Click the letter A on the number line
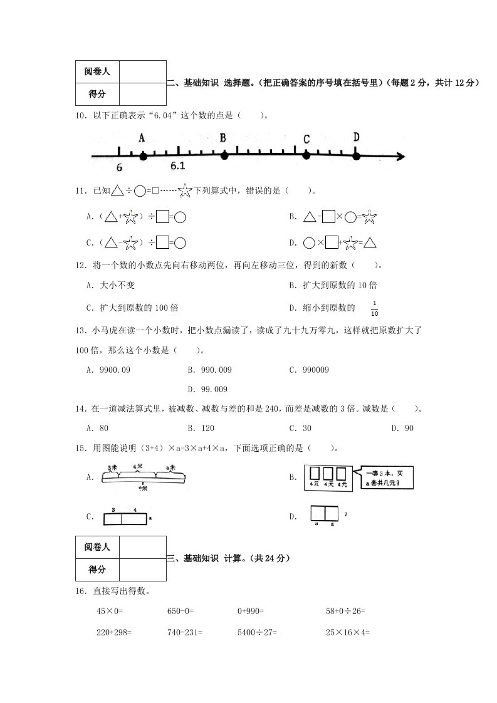[x=142, y=138]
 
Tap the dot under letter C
[x=306, y=156]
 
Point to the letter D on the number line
[x=356, y=137]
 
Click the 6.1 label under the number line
[x=178, y=167]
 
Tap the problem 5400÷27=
[x=257, y=633]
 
